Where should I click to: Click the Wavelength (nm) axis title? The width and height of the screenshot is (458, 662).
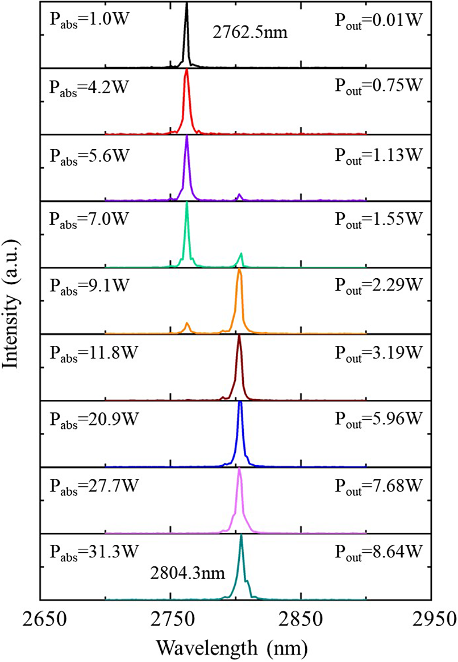click(x=235, y=647)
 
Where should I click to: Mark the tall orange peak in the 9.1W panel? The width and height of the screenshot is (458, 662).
click(x=240, y=270)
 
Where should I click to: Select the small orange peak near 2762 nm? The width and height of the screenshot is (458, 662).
click(x=187, y=324)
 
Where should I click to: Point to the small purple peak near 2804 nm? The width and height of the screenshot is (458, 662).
click(x=239, y=195)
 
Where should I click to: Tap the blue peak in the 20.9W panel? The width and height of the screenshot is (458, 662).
click(x=240, y=403)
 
